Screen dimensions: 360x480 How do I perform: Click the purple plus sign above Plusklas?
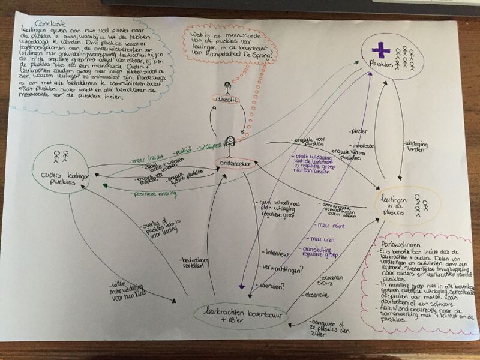377,52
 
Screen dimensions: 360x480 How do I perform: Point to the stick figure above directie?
227,87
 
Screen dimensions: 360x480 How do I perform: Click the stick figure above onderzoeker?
228,143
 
